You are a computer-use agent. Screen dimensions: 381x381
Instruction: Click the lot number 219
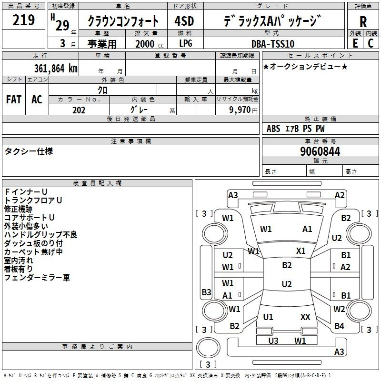tap(24, 20)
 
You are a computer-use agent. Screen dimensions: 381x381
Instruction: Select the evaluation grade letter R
tap(363, 21)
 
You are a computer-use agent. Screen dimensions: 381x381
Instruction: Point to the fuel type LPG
tap(186, 44)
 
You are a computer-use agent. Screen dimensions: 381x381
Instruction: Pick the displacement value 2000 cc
tap(146, 44)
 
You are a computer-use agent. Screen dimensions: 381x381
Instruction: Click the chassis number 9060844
tap(320, 152)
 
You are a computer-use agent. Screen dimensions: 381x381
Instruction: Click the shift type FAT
tap(13, 99)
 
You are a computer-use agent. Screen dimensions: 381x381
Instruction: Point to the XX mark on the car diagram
tap(305, 317)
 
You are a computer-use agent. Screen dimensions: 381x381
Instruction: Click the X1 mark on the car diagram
tap(301, 251)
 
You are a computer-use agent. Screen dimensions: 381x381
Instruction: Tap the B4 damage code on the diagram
tap(339, 326)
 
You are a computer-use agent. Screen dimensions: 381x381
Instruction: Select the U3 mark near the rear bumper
tap(273, 341)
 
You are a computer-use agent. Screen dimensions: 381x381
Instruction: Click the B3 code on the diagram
tap(206, 292)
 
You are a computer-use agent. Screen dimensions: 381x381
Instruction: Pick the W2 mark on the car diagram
tap(339, 309)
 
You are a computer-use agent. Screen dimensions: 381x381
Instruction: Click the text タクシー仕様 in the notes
tap(29, 151)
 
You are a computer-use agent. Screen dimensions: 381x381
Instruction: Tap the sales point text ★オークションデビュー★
tap(305, 66)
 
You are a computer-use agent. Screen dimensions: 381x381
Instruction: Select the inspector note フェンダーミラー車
tap(37, 277)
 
